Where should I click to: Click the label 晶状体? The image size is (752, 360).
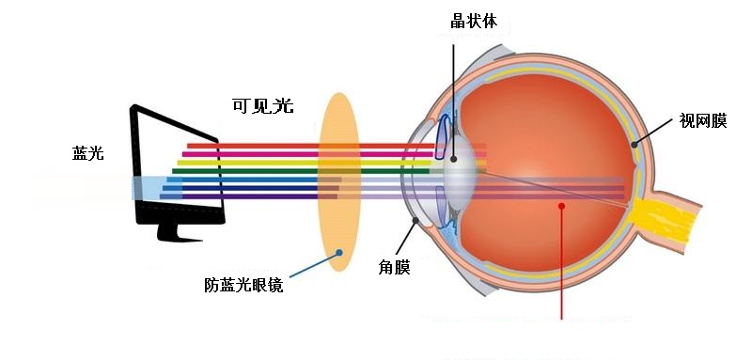(474, 21)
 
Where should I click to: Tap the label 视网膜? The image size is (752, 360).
(703, 121)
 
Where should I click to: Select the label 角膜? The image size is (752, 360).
(394, 268)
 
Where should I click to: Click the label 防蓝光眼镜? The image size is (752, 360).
(243, 285)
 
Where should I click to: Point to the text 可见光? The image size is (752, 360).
(263, 105)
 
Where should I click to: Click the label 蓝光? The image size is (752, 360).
(87, 153)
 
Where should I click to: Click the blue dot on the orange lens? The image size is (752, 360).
(339, 252)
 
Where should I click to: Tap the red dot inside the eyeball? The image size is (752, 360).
(561, 206)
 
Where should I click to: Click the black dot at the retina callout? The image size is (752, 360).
(634, 145)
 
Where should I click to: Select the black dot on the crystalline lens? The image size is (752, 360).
(453, 159)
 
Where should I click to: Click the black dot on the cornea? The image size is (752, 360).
(415, 220)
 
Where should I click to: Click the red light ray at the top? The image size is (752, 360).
(336, 146)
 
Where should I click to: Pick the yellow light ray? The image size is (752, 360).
(331, 163)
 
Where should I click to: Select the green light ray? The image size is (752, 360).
(301, 171)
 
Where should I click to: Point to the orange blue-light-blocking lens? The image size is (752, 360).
(339, 182)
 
